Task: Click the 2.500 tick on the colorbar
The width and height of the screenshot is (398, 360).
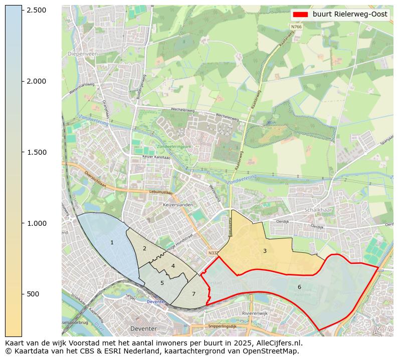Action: [x=36, y=11]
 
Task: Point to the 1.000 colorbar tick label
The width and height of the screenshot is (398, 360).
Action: [x=36, y=223]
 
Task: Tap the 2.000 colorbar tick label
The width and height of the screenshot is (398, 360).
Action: [x=36, y=82]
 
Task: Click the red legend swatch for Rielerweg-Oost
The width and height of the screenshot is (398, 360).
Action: [x=301, y=15]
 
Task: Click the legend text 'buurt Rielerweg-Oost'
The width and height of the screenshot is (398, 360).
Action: [x=350, y=15]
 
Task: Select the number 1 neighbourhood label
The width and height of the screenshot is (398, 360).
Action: [x=112, y=243]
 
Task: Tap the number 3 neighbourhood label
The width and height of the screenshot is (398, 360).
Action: [x=265, y=251]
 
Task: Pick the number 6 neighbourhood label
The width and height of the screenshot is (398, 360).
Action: [x=299, y=287]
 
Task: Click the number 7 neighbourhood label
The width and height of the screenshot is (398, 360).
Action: [x=193, y=294]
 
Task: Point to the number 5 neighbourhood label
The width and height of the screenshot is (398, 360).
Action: [x=162, y=283]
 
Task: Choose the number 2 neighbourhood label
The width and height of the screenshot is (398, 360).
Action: [x=144, y=249]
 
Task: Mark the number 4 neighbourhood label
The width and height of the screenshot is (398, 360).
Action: [x=173, y=266]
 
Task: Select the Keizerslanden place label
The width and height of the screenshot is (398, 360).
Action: [x=178, y=205]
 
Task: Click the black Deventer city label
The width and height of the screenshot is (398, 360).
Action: [x=144, y=328]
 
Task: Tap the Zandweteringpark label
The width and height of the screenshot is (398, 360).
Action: [x=174, y=147]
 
